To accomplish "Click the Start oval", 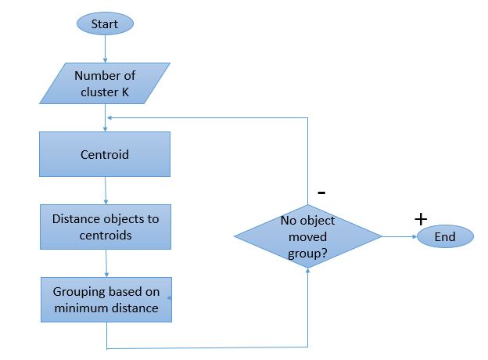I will [104, 24].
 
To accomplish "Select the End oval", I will [444, 237].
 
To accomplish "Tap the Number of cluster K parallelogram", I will [104, 85].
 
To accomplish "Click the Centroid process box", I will [105, 154].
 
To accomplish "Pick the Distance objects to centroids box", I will [105, 227].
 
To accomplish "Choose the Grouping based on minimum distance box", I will [105, 300].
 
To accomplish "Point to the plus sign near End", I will [421, 219].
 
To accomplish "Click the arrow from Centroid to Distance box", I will [105, 191].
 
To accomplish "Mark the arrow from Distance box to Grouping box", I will [105, 263].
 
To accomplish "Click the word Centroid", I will [105, 154].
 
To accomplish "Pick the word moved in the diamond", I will [308, 236].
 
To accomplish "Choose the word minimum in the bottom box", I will [81, 308].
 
